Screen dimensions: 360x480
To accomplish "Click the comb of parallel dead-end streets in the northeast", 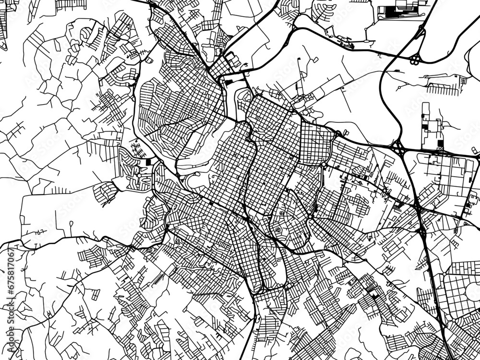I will click(444, 89).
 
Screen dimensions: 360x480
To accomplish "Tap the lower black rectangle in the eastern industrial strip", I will click(440, 144).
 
